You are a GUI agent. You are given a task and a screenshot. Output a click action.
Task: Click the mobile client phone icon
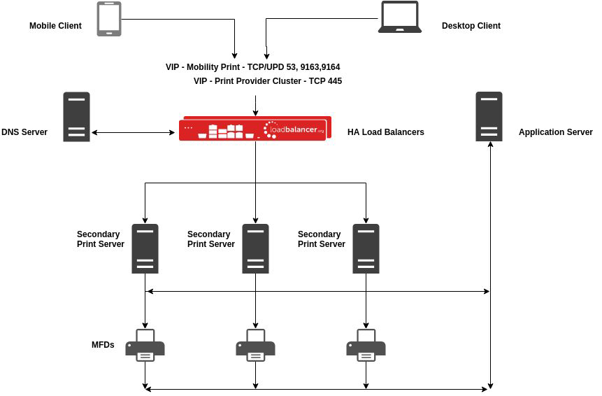pyautogui.click(x=108, y=19)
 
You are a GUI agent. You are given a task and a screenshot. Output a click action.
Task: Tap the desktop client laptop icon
pyautogui.click(x=399, y=17)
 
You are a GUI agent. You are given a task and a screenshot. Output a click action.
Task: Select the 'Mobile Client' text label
pyautogui.click(x=55, y=26)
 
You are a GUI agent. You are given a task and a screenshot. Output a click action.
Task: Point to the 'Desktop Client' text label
pyautogui.click(x=471, y=26)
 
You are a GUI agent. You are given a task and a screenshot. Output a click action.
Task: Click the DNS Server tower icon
pyautogui.click(x=76, y=117)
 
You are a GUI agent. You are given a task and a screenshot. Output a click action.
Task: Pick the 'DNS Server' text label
pyautogui.click(x=24, y=132)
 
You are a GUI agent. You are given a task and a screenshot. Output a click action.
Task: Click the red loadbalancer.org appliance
pyautogui.click(x=253, y=129)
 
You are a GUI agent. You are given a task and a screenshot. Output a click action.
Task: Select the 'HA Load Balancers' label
pyautogui.click(x=385, y=132)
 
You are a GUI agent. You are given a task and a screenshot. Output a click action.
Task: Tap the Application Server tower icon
pyautogui.click(x=489, y=117)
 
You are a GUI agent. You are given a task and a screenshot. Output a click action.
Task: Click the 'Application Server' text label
pyautogui.click(x=555, y=132)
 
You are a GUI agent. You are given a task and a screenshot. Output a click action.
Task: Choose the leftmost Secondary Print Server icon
pyautogui.click(x=145, y=248)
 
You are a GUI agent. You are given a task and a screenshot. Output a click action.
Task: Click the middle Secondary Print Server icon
pyautogui.click(x=255, y=248)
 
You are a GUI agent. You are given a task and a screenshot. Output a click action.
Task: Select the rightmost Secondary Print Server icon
pyautogui.click(x=366, y=248)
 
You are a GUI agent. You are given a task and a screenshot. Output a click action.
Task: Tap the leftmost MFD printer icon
pyautogui.click(x=145, y=346)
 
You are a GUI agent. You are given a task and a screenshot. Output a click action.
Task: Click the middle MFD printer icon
pyautogui.click(x=255, y=346)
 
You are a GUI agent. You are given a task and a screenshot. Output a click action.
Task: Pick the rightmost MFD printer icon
pyautogui.click(x=366, y=346)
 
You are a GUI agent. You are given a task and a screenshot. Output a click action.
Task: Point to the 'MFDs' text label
pyautogui.click(x=103, y=345)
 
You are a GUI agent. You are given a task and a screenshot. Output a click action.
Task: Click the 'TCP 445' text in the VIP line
pyautogui.click(x=324, y=81)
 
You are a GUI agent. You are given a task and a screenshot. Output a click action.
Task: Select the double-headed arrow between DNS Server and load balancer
pyautogui.click(x=133, y=132)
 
